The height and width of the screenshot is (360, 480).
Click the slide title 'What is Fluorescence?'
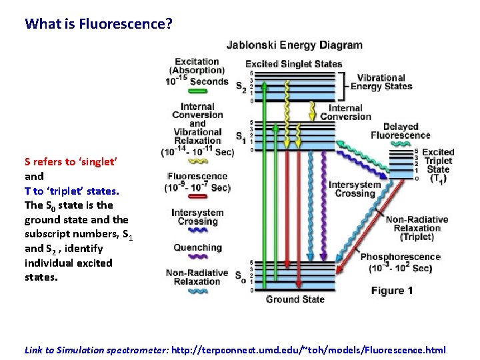click(99, 24)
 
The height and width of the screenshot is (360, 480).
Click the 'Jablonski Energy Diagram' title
click(295, 46)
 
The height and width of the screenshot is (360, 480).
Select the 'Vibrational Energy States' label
click(381, 82)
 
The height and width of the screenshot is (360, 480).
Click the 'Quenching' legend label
click(197, 248)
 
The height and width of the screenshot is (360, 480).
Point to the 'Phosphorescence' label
click(400, 257)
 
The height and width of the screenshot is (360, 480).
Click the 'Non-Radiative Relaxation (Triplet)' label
click(417, 228)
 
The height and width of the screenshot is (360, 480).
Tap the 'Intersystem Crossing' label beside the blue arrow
click(355, 189)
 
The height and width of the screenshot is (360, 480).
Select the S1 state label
click(240, 137)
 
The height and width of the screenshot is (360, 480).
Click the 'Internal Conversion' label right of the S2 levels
click(345, 112)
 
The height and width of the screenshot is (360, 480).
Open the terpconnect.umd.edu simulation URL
click(308, 350)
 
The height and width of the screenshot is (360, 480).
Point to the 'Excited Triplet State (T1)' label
click(437, 165)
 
